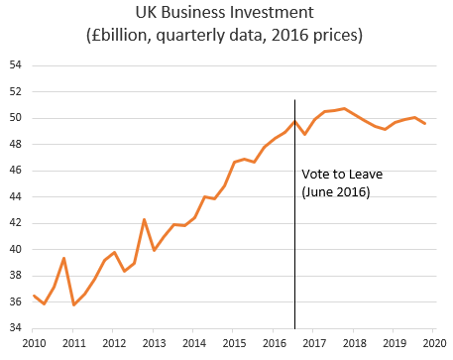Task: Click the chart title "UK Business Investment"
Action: [226, 15]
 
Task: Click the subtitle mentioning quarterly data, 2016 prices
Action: [226, 38]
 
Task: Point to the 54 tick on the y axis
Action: [16, 65]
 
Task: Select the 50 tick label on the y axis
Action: [16, 118]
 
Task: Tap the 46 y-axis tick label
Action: [16, 171]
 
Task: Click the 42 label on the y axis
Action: [16, 223]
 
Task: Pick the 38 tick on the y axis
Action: [16, 276]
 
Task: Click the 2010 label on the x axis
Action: [35, 342]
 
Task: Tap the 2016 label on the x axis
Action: [273, 342]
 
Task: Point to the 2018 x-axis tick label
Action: [354, 342]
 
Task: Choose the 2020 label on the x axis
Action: [434, 342]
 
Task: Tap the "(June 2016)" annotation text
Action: [335, 192]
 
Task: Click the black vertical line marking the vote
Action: [294, 248]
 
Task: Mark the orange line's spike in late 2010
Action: [63, 258]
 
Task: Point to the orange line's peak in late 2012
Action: [145, 219]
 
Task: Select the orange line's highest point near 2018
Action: [344, 108]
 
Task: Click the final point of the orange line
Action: [425, 123]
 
